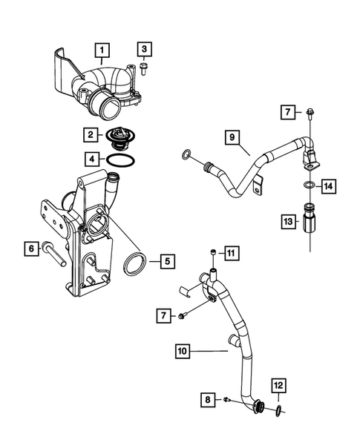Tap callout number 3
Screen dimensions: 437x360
(x=145, y=50)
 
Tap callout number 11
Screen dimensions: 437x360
(x=231, y=254)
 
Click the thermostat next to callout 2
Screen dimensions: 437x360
(x=117, y=136)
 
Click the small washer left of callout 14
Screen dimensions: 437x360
(x=307, y=185)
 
